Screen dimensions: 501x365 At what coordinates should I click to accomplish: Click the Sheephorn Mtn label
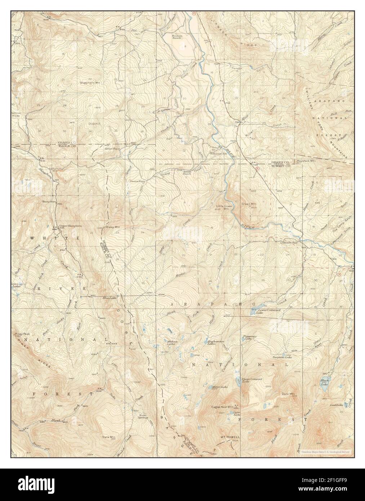pyautogui.click(x=89, y=83)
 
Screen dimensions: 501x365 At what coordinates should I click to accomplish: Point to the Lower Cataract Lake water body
pyautogui.click(x=257, y=309)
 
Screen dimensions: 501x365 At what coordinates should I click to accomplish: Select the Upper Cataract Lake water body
pyautogui.click(x=239, y=381)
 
